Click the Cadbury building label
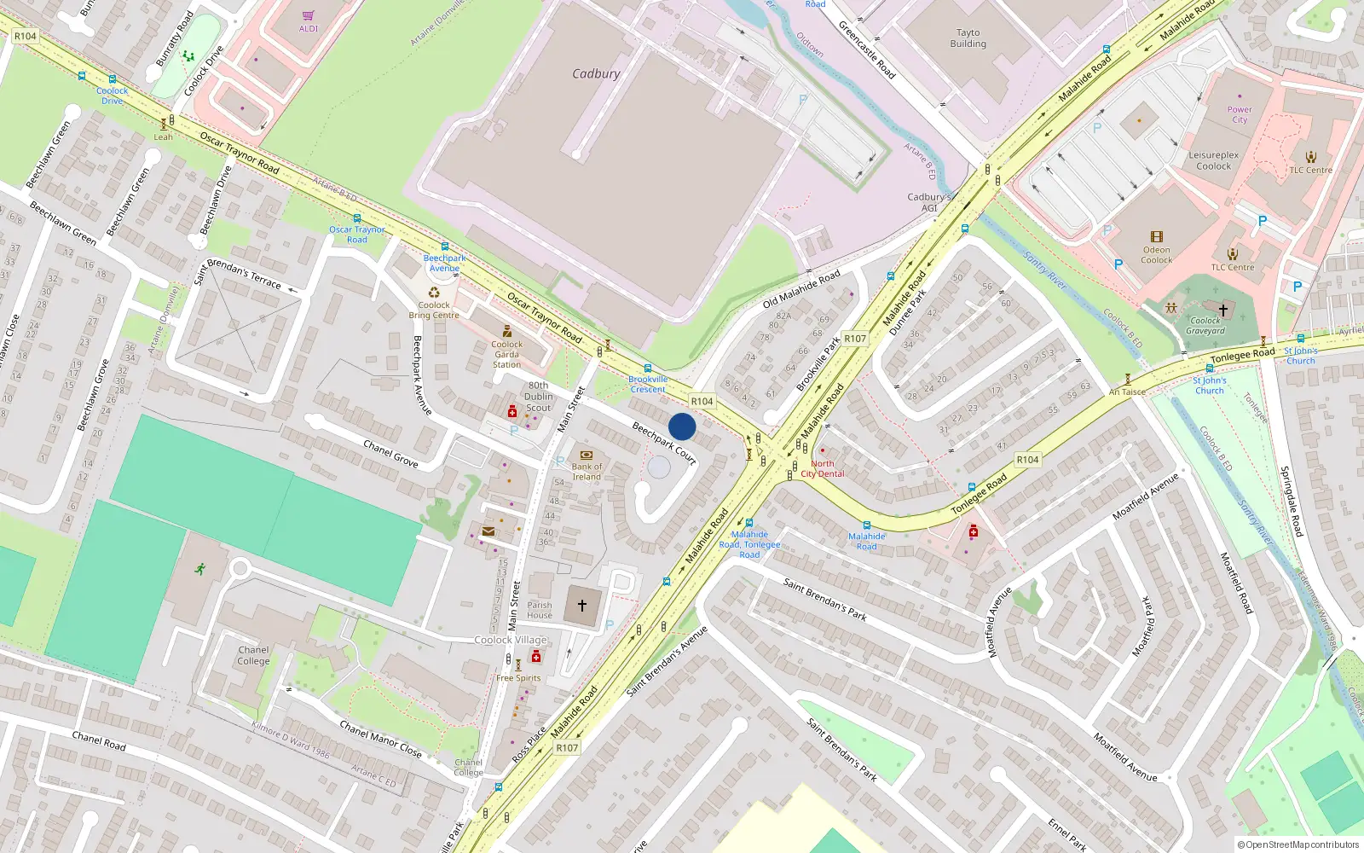tap(596, 74)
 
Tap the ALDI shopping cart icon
tap(309, 16)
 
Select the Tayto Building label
tap(968, 38)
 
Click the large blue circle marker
tap(682, 426)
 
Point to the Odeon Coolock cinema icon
tap(1157, 237)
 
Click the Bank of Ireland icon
tap(587, 456)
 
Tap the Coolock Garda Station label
tap(506, 354)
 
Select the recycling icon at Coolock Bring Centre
tap(434, 293)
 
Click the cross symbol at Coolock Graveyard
tap(1222, 310)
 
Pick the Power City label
tap(1240, 114)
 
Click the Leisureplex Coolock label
tap(1214, 160)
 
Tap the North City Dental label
tap(823, 468)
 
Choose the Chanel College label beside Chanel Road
tap(253, 655)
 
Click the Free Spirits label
tap(518, 678)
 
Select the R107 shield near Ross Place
tap(567, 748)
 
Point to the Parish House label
tap(540, 610)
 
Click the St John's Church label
tap(1209, 386)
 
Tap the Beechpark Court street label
tap(664, 444)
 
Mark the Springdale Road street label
tap(1292, 502)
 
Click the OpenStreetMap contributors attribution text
tap(1298, 844)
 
